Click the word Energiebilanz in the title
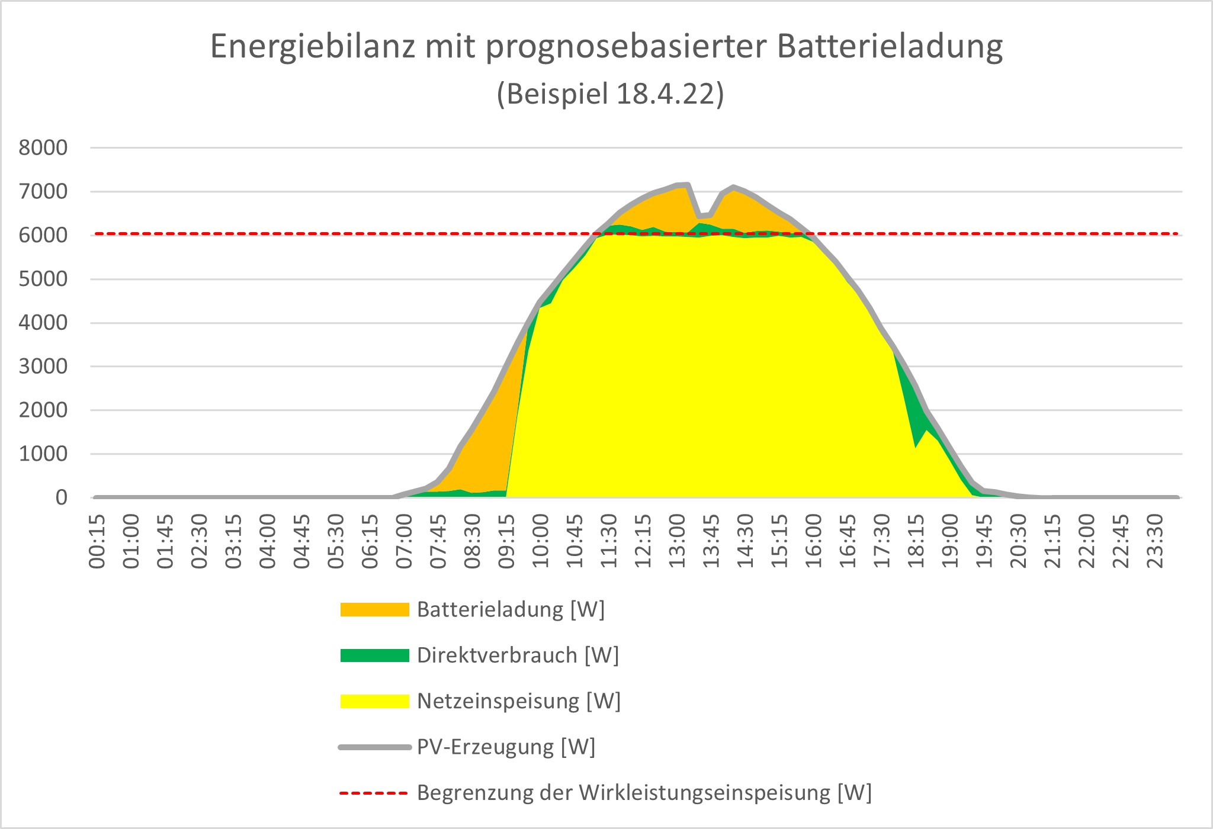tap(312, 47)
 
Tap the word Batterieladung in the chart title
tap(890, 47)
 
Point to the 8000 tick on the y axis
tap(43, 148)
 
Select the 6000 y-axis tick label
tap(43, 236)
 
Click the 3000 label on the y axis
tap(43, 367)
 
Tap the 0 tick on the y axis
tap(61, 498)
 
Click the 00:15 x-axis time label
tap(97, 541)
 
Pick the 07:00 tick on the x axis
tap(404, 541)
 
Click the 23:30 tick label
tap(1155, 541)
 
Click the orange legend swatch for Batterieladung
tap(374, 610)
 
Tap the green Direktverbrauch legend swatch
tap(374, 656)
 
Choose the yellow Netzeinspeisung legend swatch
tap(374, 701)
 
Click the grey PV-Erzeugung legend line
tap(374, 747)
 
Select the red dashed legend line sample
tap(374, 793)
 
